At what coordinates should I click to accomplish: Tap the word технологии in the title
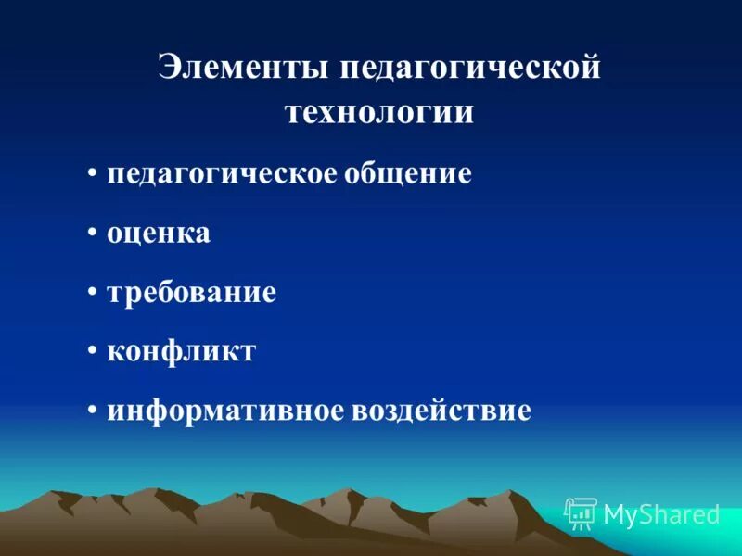pyautogui.click(x=378, y=112)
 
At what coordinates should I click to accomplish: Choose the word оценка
pyautogui.click(x=159, y=234)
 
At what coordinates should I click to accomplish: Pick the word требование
pyautogui.click(x=192, y=293)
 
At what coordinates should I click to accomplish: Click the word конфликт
pyautogui.click(x=181, y=351)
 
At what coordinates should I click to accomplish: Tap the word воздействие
pyautogui.click(x=441, y=411)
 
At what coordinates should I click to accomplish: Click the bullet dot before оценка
pyautogui.click(x=94, y=233)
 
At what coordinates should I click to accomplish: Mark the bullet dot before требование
pyautogui.click(x=94, y=292)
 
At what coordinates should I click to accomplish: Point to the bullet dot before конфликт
pyautogui.click(x=94, y=351)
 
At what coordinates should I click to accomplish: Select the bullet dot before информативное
pyautogui.click(x=94, y=411)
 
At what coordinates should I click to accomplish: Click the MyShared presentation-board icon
pyautogui.click(x=581, y=512)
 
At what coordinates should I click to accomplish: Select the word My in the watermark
pyautogui.click(x=620, y=514)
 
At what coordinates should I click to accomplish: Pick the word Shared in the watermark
pyautogui.click(x=679, y=513)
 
